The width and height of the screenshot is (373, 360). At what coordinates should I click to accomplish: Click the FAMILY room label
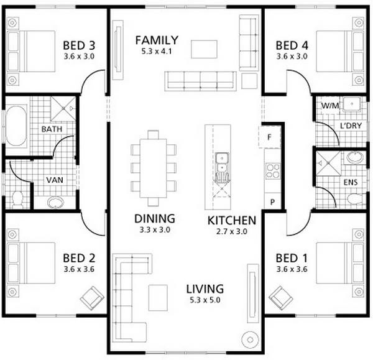(x=157, y=40)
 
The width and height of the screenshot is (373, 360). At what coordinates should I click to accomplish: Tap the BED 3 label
(x=79, y=45)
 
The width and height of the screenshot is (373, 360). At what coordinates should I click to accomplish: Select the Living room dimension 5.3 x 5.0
(x=205, y=300)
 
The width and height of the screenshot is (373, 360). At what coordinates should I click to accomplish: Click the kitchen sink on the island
(x=221, y=164)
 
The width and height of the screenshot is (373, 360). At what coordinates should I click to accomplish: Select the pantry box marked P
(x=271, y=202)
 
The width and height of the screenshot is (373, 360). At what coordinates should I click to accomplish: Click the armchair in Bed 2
(x=93, y=297)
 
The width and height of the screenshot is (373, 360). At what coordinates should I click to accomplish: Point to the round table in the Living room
(x=251, y=340)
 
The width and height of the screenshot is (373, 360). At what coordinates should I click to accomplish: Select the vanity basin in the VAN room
(x=56, y=202)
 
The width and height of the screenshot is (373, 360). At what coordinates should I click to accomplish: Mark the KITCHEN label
(x=231, y=220)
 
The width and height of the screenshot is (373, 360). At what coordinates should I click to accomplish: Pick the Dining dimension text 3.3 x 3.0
(x=154, y=229)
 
